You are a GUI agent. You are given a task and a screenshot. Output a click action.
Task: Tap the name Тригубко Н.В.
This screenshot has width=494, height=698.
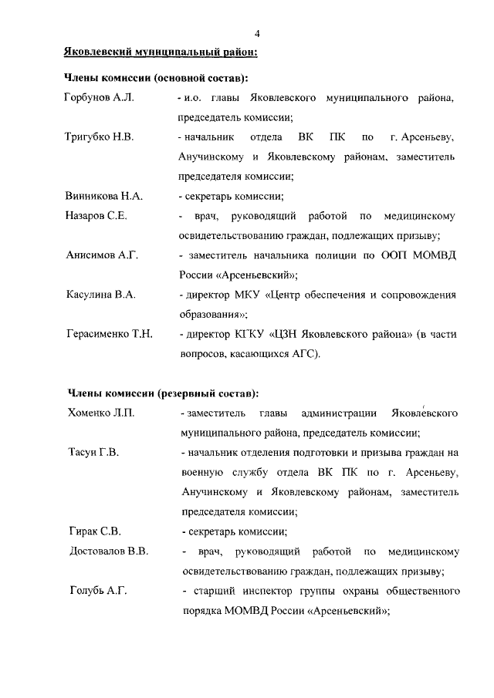point(100,137)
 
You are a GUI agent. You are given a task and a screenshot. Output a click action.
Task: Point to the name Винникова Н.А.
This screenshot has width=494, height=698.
point(104,196)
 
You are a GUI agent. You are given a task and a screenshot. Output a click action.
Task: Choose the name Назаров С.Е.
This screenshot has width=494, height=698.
point(96,216)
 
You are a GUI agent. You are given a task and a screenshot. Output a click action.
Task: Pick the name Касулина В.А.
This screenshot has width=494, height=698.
point(100,295)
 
